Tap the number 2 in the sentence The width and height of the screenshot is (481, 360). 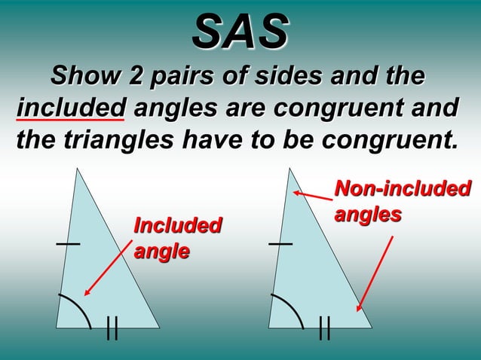(138, 76)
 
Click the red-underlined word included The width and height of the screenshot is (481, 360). (70, 108)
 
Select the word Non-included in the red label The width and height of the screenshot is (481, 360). (403, 188)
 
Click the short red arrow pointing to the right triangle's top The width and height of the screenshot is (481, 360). (312, 197)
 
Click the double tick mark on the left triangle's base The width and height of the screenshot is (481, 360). (112, 328)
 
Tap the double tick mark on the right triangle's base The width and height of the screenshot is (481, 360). (325, 328)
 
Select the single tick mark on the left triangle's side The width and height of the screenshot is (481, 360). (67, 244)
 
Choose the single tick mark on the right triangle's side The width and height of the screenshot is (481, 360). (280, 244)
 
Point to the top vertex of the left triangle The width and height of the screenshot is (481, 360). (76, 170)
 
